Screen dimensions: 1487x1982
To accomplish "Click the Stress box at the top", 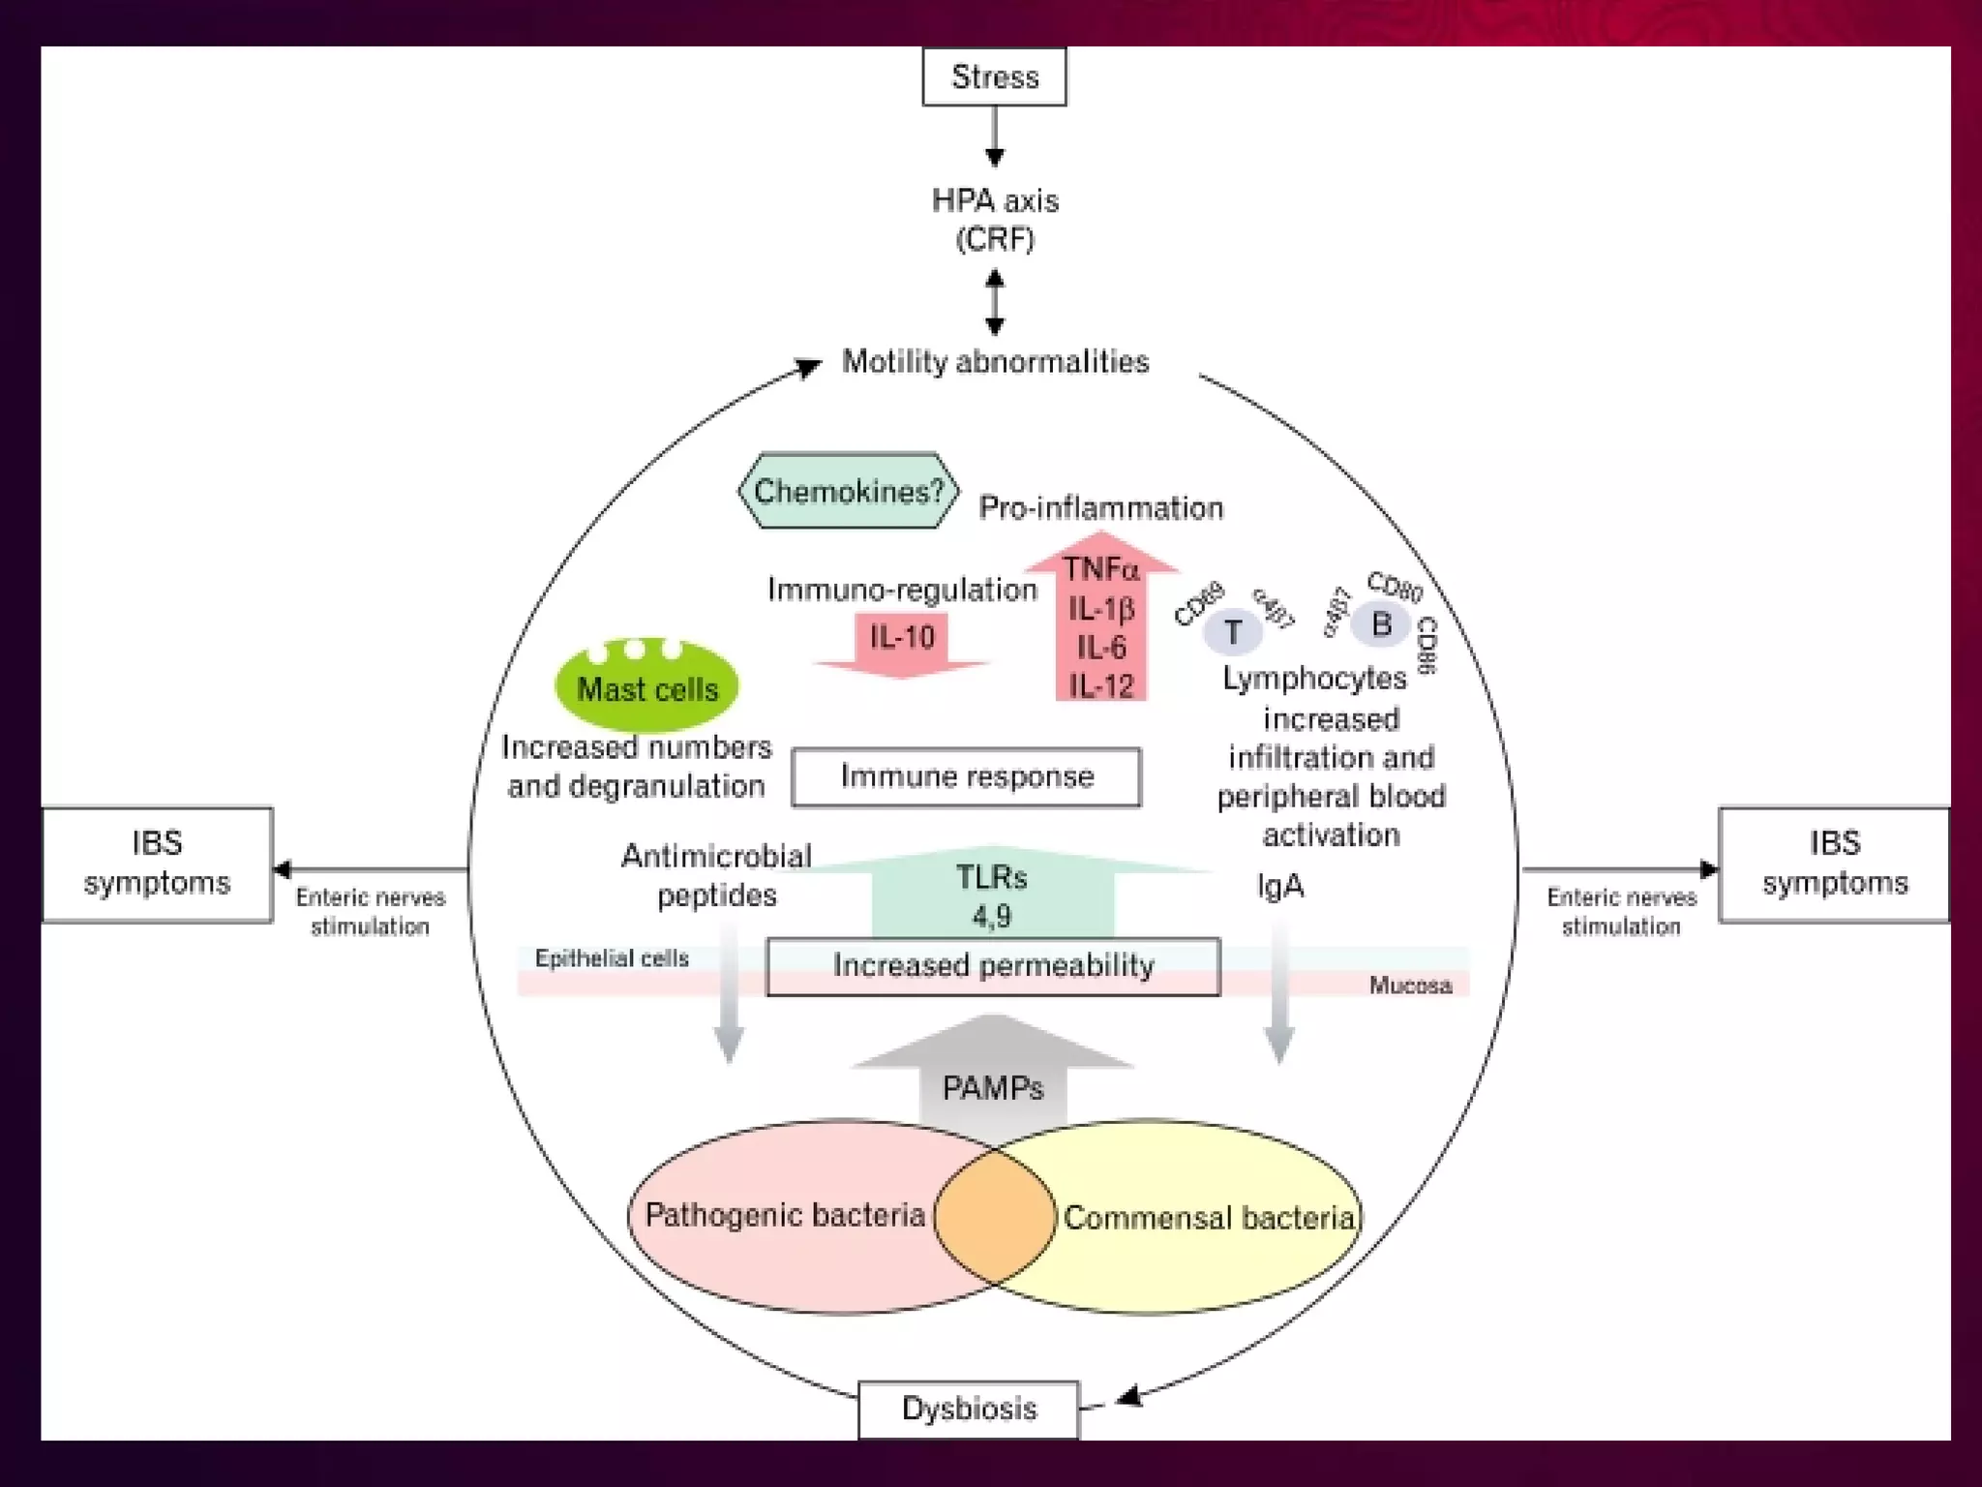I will [994, 76].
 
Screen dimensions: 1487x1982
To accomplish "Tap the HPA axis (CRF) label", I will [995, 219].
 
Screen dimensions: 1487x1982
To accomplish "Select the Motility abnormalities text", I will [995, 362].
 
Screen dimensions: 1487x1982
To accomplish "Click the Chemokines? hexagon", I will [848, 491].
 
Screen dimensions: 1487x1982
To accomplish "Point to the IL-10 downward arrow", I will [902, 639].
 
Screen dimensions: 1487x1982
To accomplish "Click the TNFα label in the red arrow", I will [1101, 569].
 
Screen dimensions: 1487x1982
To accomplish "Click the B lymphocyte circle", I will [1381, 624].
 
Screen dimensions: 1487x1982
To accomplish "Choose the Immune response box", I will [966, 776].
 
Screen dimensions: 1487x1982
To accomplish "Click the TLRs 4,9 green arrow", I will [992, 895].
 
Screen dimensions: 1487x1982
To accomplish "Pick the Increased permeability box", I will [993, 966].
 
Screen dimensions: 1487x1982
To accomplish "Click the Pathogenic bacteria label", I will [784, 1215].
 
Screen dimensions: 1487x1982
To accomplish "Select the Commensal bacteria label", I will [1209, 1218].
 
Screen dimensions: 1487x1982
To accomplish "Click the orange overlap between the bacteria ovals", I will [995, 1216].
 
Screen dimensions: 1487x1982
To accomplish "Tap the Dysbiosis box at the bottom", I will [968, 1409].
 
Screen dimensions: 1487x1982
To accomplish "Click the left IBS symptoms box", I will [157, 864].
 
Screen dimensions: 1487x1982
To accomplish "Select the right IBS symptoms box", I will [1834, 864].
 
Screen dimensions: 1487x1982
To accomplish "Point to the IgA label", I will [1279, 886].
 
